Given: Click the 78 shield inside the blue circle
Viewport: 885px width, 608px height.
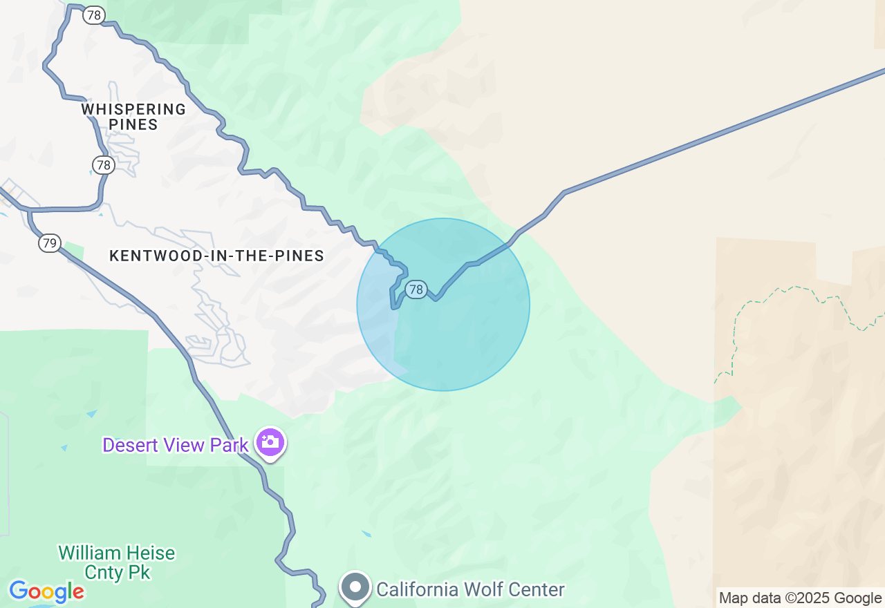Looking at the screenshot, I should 416,289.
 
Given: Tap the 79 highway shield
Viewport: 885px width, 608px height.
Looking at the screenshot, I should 49,243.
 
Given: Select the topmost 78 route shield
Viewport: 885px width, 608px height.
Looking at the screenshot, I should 93,15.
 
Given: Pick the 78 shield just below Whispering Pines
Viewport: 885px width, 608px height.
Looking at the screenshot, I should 103,164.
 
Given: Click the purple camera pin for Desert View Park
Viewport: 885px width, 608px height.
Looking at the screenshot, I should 270,442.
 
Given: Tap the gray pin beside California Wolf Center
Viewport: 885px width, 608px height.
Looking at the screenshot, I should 356,587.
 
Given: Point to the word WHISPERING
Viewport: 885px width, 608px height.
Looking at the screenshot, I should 133,109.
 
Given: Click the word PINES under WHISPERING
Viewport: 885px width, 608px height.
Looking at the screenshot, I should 133,125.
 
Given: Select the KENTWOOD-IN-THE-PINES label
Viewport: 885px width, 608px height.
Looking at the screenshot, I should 216,256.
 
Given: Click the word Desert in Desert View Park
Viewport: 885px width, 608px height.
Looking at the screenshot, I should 129,445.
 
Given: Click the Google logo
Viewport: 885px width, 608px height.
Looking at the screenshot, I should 46,592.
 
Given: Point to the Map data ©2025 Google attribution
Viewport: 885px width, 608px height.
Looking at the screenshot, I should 800,598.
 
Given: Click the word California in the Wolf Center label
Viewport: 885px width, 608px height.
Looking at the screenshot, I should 417,589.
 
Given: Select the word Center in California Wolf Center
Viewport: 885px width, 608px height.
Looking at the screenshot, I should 537,589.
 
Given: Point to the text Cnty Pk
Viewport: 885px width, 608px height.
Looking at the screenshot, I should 117,572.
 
